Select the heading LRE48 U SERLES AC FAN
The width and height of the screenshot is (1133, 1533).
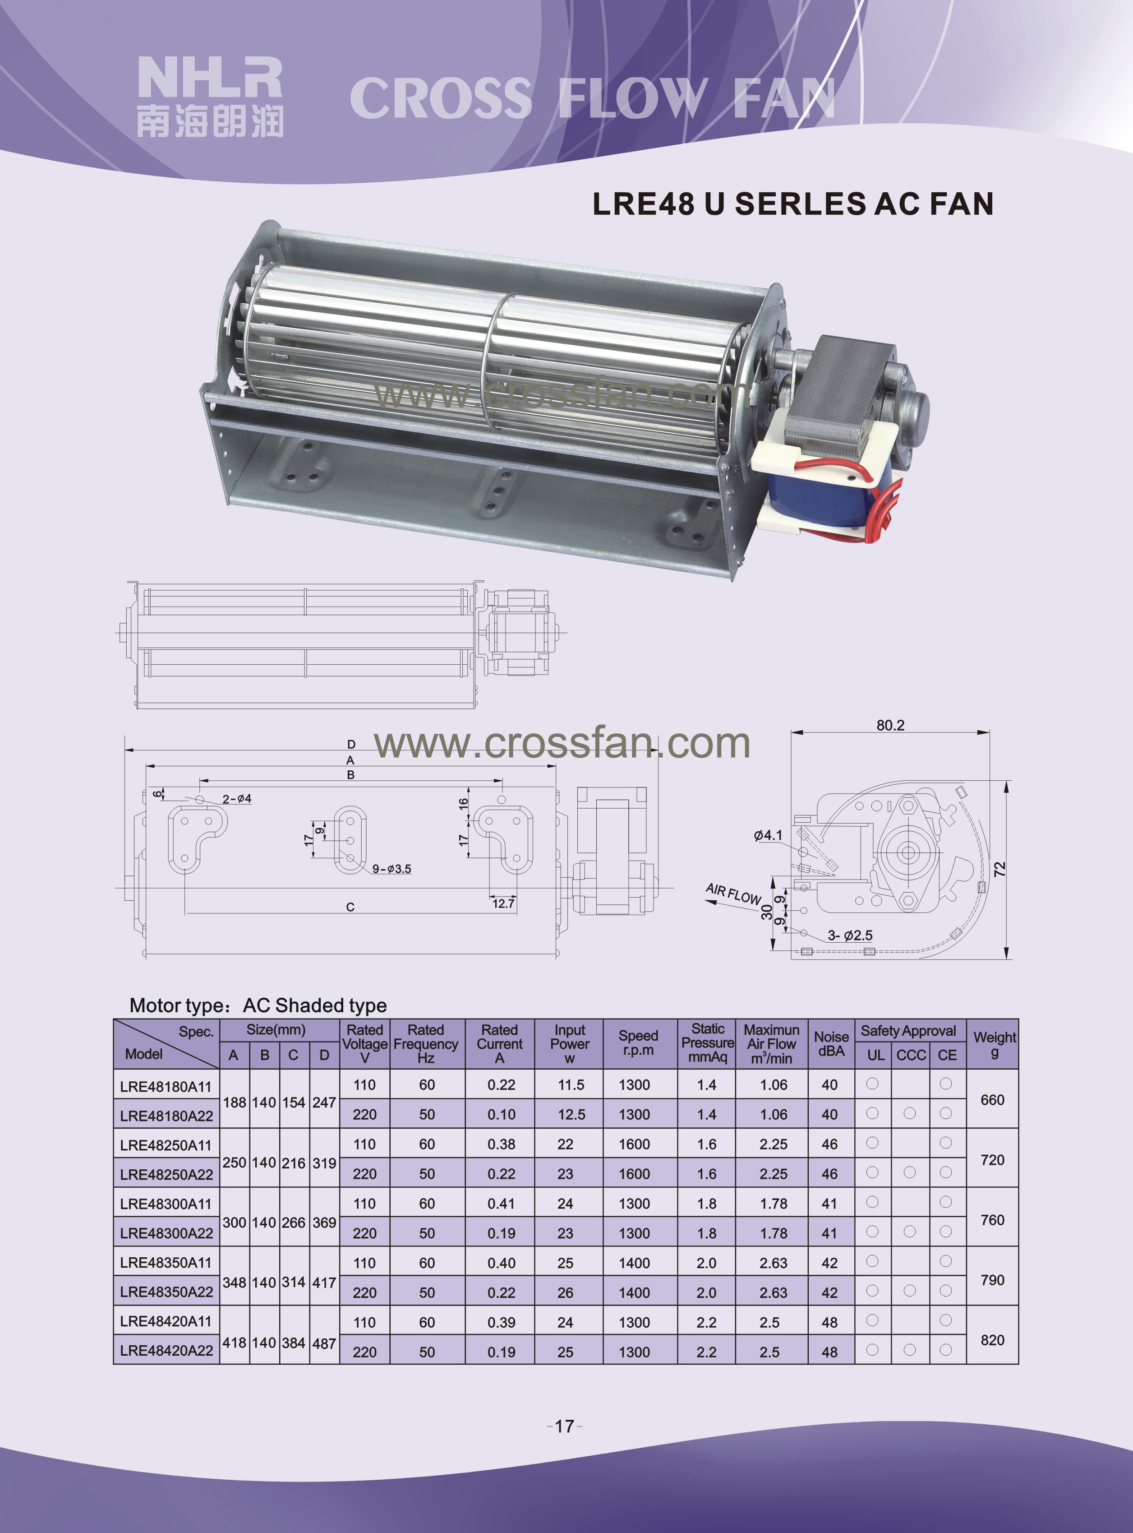(x=793, y=204)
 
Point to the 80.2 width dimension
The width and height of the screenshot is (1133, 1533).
(x=890, y=725)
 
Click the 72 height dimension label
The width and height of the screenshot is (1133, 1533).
(x=1000, y=869)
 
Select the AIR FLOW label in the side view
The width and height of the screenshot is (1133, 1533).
(x=733, y=894)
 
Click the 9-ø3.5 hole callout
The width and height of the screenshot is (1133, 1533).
(x=391, y=869)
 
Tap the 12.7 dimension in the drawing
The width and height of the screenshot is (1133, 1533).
(x=503, y=904)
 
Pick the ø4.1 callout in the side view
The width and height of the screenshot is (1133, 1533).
(x=768, y=835)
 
